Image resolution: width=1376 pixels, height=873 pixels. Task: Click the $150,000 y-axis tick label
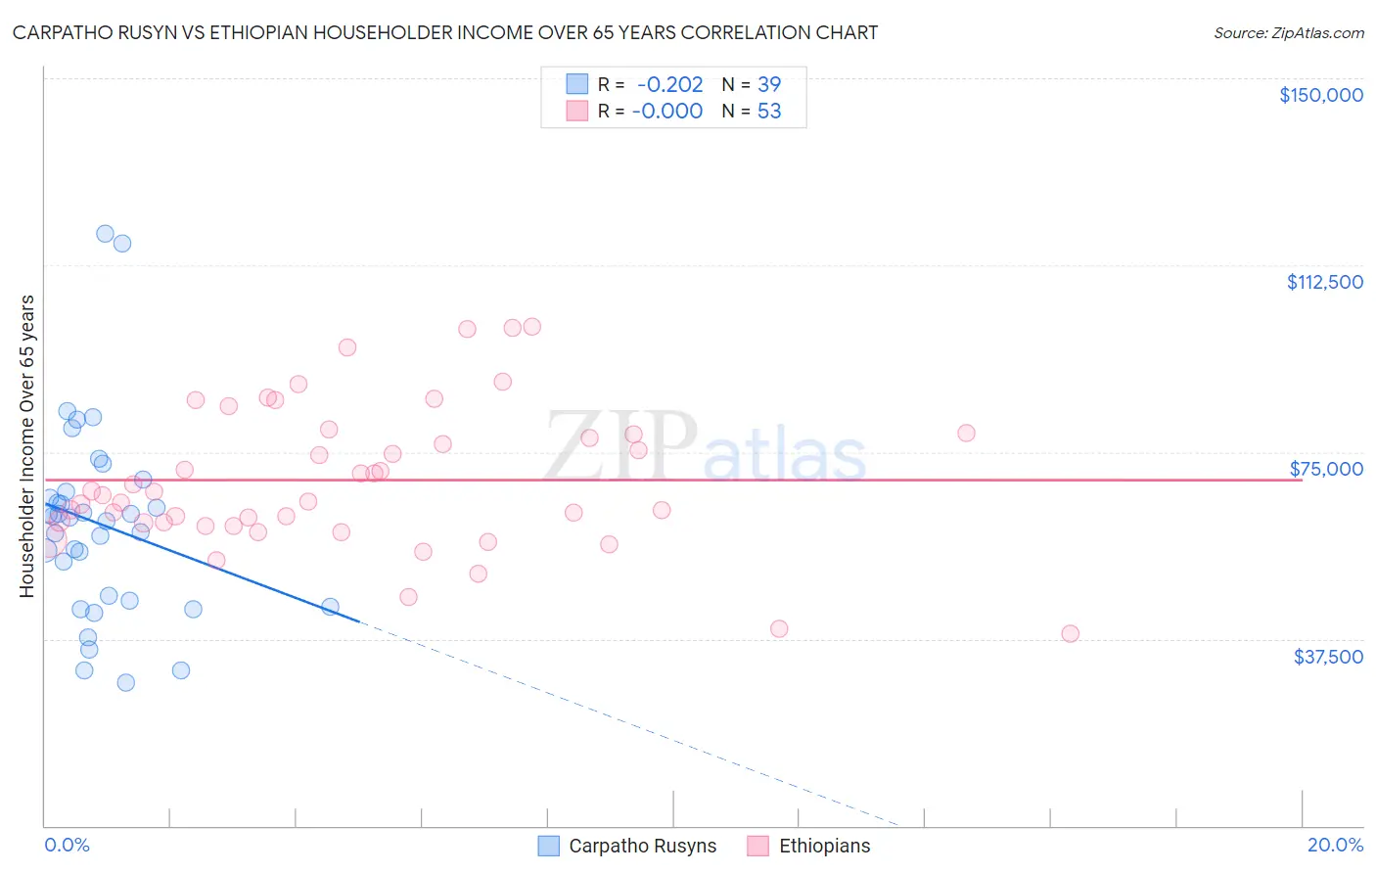[1320, 95]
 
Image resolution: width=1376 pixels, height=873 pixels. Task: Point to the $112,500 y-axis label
[1324, 282]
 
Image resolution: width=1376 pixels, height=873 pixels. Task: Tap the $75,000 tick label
[1326, 469]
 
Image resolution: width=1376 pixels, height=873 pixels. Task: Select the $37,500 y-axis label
[1328, 657]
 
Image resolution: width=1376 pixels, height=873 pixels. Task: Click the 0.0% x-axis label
[67, 845]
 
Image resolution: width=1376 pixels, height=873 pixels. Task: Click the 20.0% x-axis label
[1335, 845]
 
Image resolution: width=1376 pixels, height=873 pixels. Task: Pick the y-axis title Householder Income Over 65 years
[27, 446]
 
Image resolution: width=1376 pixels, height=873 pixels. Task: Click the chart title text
[445, 32]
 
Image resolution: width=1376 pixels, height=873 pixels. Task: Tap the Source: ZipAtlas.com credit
[1288, 32]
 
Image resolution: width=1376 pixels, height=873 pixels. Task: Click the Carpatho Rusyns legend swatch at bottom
[549, 846]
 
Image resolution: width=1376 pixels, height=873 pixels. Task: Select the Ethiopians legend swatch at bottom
[758, 846]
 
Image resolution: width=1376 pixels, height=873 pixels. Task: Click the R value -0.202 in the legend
[669, 84]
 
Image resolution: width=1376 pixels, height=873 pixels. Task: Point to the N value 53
[769, 111]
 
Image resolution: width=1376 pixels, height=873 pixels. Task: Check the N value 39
[769, 84]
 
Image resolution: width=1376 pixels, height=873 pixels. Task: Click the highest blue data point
[105, 234]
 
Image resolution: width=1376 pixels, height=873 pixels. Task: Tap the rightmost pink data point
[1070, 633]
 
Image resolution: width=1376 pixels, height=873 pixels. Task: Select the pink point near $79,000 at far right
[966, 433]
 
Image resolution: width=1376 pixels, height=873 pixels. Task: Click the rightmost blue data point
[330, 607]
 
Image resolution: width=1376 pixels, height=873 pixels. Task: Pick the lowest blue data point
[126, 682]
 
